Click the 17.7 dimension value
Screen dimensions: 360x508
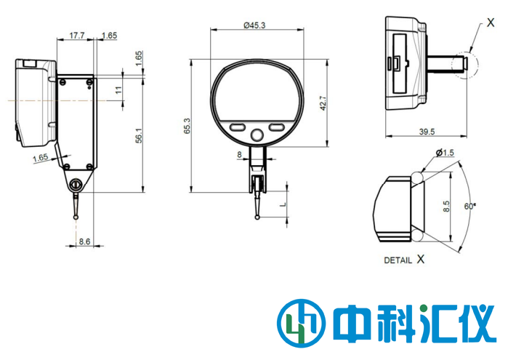point(76,35)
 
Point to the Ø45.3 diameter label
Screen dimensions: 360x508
point(254,25)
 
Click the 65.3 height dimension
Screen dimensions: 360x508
point(187,126)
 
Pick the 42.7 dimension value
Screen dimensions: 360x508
point(323,103)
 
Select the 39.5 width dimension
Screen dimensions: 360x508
point(427,132)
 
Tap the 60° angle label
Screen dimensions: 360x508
point(471,207)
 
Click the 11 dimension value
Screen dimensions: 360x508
point(118,89)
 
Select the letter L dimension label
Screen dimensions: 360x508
point(283,204)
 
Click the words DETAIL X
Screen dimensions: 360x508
point(404,259)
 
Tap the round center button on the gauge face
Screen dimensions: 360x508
point(257,135)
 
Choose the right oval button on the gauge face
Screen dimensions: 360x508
point(277,127)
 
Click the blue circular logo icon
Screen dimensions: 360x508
point(299,321)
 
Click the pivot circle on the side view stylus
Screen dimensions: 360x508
point(76,186)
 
